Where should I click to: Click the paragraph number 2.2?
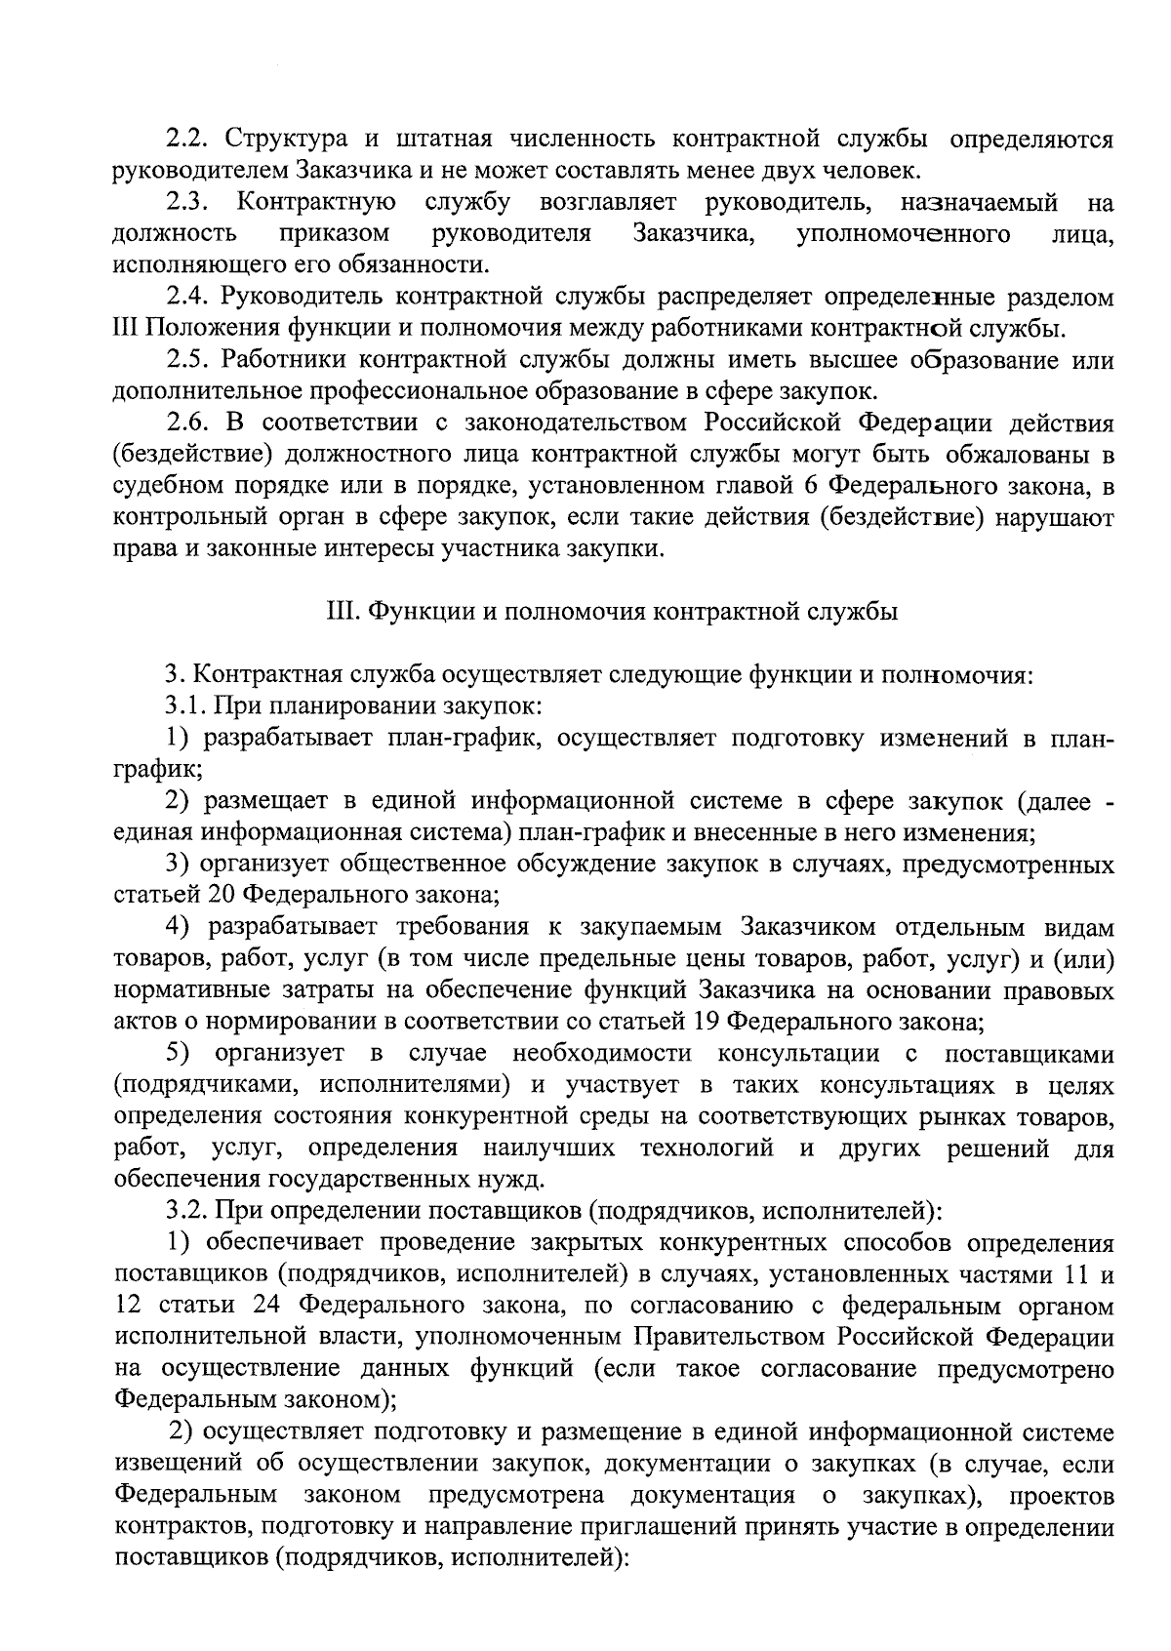(182, 140)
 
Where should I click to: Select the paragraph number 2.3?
(182, 203)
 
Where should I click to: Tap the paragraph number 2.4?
(182, 297)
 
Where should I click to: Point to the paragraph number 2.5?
(182, 360)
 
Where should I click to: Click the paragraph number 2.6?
(182, 423)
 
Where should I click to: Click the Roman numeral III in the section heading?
(337, 612)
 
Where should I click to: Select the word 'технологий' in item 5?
(707, 1148)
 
